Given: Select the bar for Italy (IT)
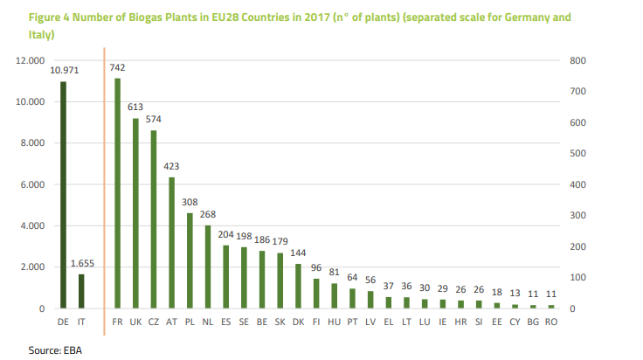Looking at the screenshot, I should click(x=81, y=291).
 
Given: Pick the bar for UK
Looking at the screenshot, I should click(x=135, y=213).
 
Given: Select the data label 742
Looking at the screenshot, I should click(x=117, y=67).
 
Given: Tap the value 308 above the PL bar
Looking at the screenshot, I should click(x=190, y=202).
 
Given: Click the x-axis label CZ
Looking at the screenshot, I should click(x=154, y=322).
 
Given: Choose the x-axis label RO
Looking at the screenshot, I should click(x=551, y=322).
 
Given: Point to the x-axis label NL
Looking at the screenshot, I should click(x=208, y=322).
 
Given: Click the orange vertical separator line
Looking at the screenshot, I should click(x=104, y=184).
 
